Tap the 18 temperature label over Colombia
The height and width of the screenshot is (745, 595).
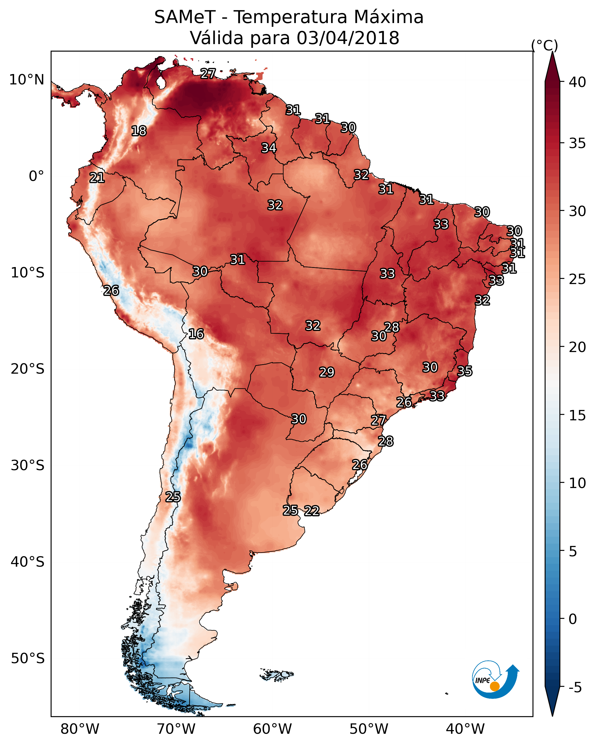(139, 131)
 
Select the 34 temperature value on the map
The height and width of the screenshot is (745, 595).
(269, 148)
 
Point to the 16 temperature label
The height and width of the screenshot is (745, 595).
(196, 334)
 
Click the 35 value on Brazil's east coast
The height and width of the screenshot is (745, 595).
(465, 371)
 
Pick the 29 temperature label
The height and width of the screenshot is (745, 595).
(327, 372)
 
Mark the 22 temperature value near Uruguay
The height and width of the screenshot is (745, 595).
(312, 511)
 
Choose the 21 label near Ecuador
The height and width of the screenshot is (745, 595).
(97, 178)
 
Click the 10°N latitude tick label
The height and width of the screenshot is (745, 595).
(26, 80)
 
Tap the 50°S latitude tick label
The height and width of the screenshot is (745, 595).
(28, 659)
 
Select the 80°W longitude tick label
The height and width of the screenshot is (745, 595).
(80, 729)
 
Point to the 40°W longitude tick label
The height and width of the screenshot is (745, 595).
(465, 729)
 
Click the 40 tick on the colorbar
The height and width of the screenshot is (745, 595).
(577, 82)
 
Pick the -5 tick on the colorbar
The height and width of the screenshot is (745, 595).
(575, 687)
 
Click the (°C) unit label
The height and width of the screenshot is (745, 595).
(545, 45)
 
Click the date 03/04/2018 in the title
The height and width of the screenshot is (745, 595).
(348, 38)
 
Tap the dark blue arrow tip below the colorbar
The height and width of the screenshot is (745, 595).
(552, 716)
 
